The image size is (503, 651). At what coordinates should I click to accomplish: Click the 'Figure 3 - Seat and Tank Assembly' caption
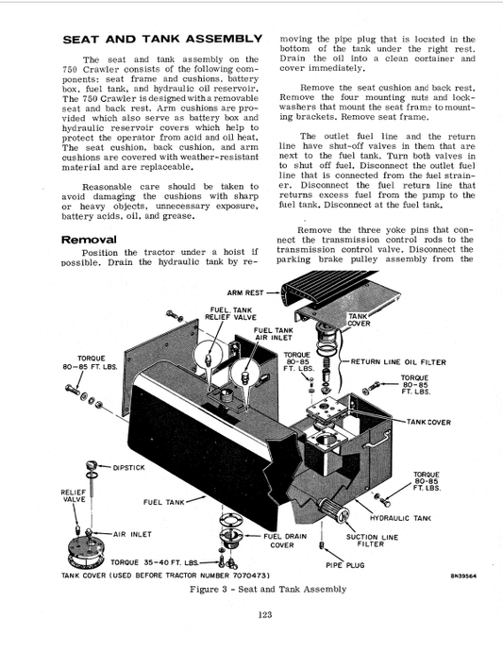[268, 589]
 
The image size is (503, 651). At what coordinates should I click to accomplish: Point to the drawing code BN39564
[462, 574]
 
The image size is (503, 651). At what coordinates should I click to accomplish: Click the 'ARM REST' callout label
[245, 292]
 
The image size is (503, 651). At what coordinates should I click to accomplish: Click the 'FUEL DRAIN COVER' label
[282, 541]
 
